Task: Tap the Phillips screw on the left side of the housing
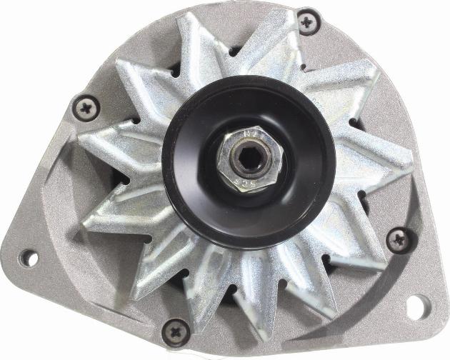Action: (85, 109)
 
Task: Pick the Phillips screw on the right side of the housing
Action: (397, 239)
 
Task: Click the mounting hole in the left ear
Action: (29, 256)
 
